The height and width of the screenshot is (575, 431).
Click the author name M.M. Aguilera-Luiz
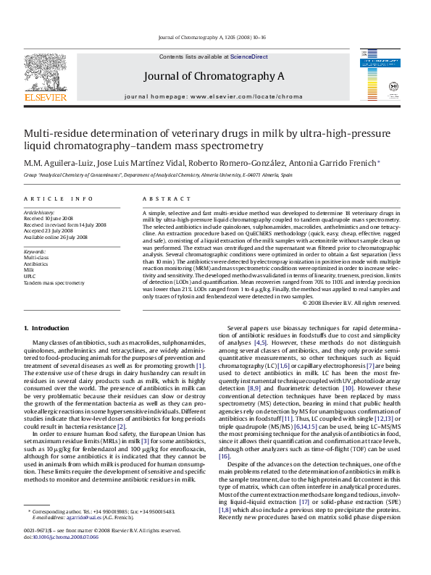(56, 161)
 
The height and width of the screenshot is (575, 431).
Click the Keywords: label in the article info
(35, 251)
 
